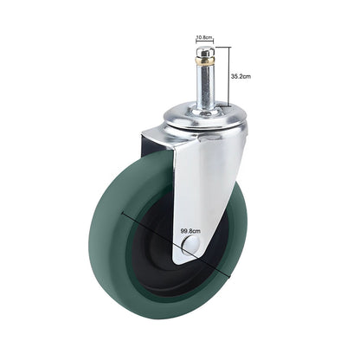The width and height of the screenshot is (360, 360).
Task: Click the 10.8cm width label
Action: click(x=205, y=37)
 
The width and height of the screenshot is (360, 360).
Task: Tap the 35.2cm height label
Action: click(x=241, y=76)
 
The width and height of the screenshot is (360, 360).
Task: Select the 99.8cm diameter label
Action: click(x=190, y=231)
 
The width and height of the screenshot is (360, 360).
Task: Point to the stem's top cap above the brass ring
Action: click(x=205, y=53)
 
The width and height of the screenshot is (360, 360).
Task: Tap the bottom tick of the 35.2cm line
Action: click(x=228, y=108)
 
